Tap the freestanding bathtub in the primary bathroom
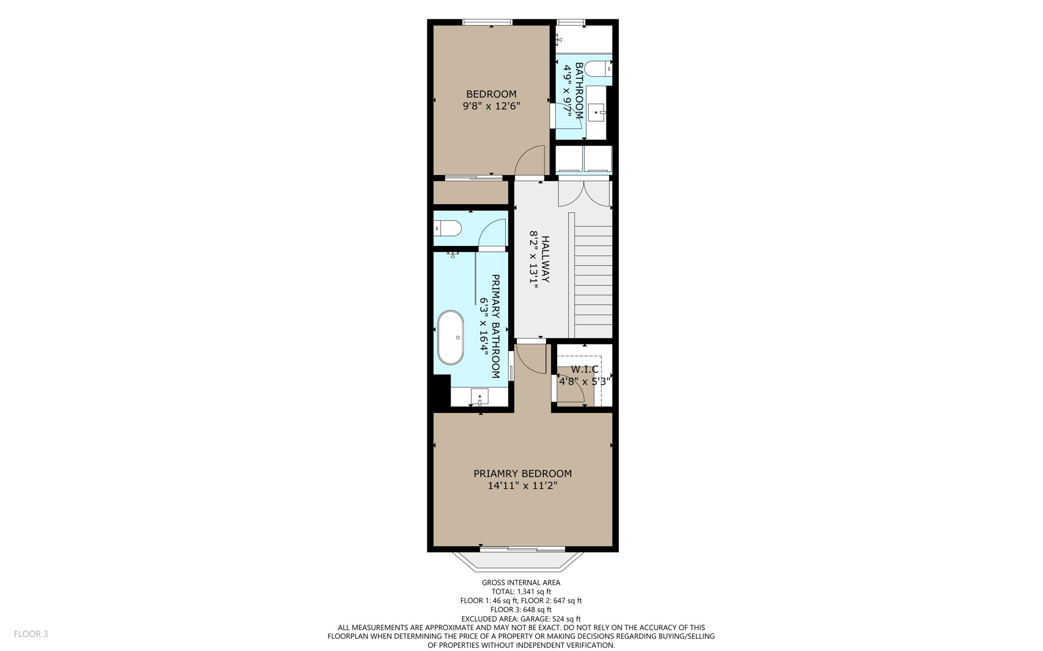(x=451, y=337)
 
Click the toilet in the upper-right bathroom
(x=597, y=68)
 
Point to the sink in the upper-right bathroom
(x=596, y=112)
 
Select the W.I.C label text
(x=584, y=370)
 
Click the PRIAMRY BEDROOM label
(x=523, y=473)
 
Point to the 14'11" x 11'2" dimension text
(x=523, y=486)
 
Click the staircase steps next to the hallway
(x=593, y=280)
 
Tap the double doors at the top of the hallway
(x=584, y=193)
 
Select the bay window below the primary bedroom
(x=523, y=559)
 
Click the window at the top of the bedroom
(x=487, y=22)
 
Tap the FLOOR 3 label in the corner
(x=31, y=634)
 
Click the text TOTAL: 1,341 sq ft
(x=521, y=591)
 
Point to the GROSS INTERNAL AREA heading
(x=521, y=582)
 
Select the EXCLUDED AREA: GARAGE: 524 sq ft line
(x=521, y=618)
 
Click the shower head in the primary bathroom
(x=453, y=254)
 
